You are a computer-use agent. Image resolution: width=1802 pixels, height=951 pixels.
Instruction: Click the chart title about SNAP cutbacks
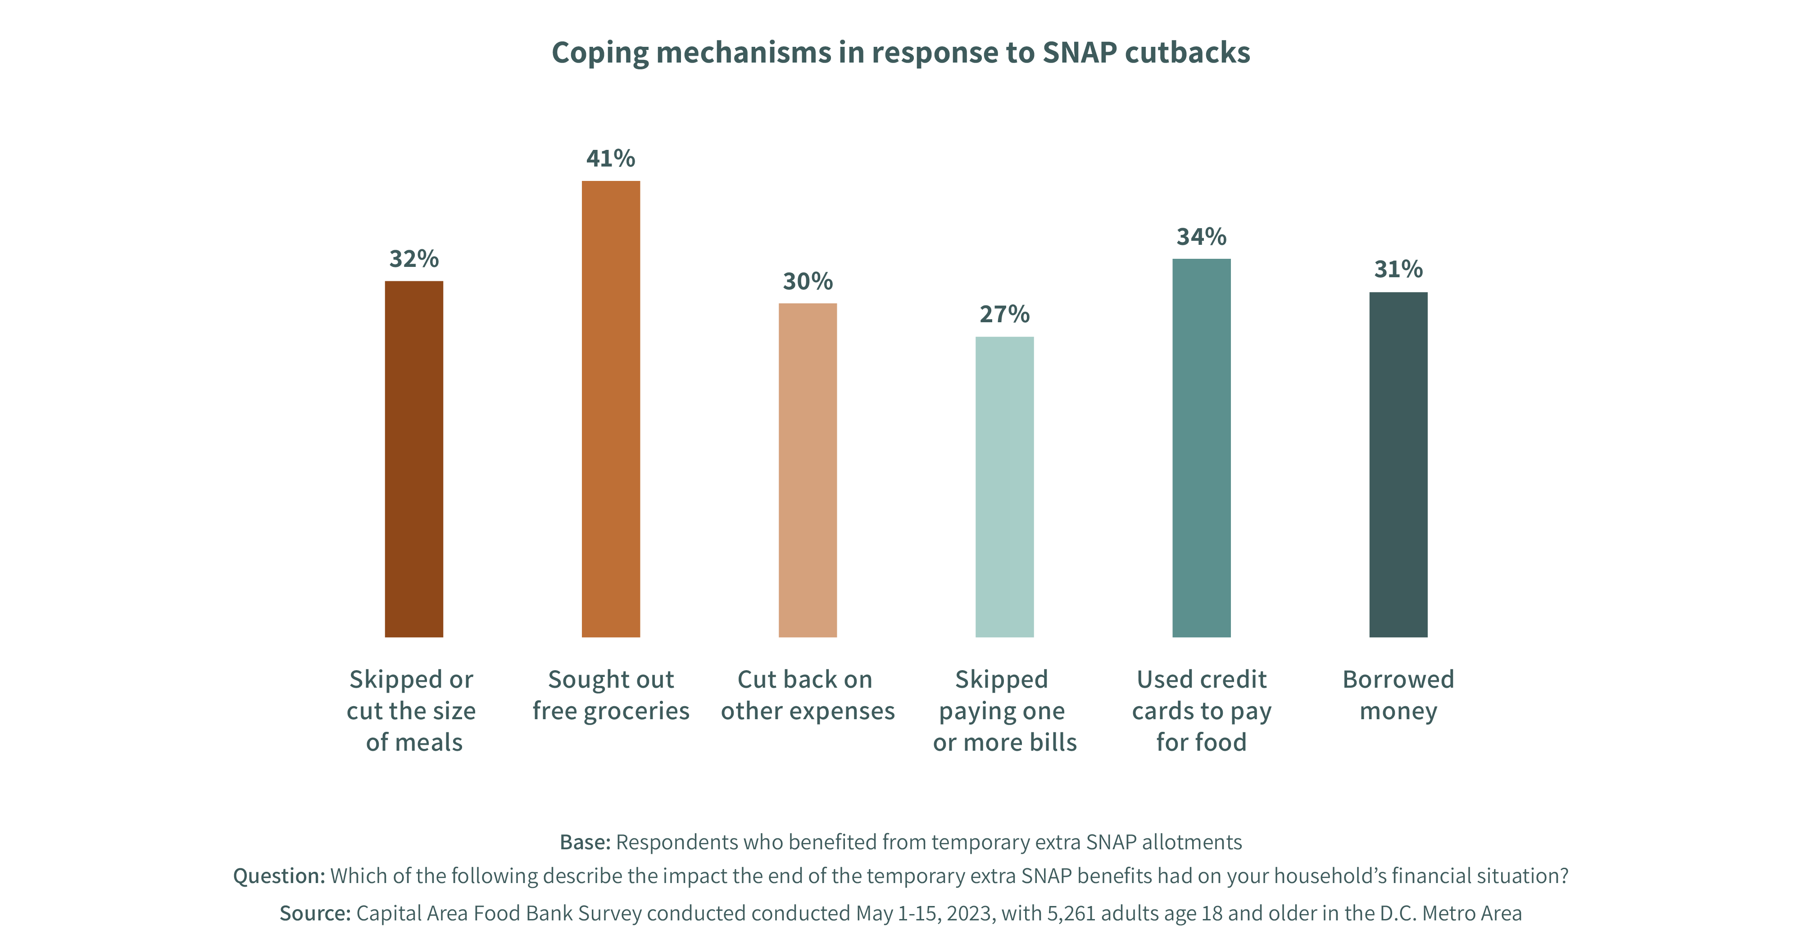point(900,53)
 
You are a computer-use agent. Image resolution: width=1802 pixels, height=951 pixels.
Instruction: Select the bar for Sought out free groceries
point(611,409)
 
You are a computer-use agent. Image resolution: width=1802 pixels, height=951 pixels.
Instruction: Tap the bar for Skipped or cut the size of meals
point(413,459)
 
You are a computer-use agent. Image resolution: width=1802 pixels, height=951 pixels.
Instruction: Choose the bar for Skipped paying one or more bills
point(1004,487)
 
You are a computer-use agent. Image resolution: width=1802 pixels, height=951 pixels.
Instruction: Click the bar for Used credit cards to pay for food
point(1201,447)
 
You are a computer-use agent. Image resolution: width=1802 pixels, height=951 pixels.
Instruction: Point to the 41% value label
point(611,159)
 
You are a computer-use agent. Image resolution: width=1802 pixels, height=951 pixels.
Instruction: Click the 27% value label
point(1004,315)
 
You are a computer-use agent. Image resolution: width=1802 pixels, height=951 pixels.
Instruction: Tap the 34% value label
point(1201,237)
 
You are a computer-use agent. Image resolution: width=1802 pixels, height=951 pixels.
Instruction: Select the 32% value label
point(413,259)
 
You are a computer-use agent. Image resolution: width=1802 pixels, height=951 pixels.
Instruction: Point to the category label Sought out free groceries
point(611,695)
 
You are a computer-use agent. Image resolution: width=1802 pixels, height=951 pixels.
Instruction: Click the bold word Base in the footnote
point(585,842)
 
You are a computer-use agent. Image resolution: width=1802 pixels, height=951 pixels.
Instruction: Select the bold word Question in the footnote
point(278,876)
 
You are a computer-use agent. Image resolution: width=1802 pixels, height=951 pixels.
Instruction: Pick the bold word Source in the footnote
point(315,913)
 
